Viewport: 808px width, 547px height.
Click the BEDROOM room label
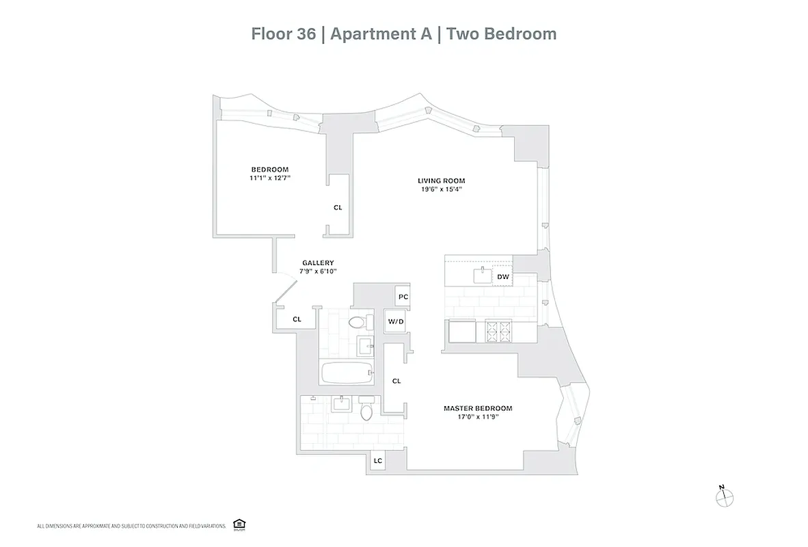pos(269,170)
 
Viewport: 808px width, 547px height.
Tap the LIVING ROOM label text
pos(441,181)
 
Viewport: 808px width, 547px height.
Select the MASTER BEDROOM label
pos(477,408)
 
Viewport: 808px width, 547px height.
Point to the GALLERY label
pos(318,263)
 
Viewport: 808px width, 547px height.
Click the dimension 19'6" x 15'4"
pos(441,189)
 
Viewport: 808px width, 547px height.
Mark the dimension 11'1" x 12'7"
pos(269,178)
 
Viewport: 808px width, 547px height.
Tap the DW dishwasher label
pos(502,276)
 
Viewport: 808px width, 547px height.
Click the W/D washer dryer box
pos(395,321)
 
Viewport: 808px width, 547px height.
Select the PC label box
pos(403,297)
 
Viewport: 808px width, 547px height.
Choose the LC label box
pos(377,462)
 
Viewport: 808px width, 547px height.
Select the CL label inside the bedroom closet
pos(338,207)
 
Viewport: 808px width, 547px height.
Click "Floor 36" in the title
pos(283,34)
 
